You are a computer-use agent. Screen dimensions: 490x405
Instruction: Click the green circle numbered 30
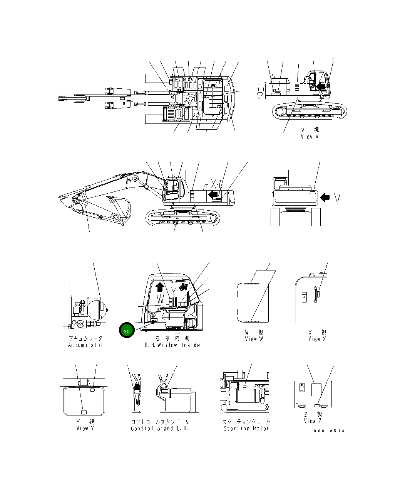[x=126, y=331]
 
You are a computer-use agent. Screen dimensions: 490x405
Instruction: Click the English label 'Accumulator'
[x=85, y=345]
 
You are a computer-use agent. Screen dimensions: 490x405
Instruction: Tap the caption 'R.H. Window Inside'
[x=172, y=345]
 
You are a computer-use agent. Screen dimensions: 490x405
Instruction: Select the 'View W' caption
[x=254, y=339]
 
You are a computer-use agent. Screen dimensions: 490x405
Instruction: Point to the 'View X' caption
[x=317, y=339]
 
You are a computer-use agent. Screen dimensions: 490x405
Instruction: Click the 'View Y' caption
[x=85, y=428]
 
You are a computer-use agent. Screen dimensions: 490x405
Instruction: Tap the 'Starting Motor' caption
[x=246, y=428]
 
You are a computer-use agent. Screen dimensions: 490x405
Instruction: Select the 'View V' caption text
[x=310, y=136]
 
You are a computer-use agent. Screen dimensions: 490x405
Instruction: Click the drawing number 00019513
[x=329, y=431]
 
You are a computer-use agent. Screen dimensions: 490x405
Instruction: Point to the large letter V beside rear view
[x=337, y=198]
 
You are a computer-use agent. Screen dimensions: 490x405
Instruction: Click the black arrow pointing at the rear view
[x=325, y=198]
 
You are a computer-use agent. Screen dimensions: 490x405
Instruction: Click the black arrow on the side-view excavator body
[x=213, y=194]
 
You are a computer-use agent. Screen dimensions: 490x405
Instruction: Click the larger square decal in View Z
[x=316, y=389]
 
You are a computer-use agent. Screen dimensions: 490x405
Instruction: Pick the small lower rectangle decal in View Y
[x=84, y=412]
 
